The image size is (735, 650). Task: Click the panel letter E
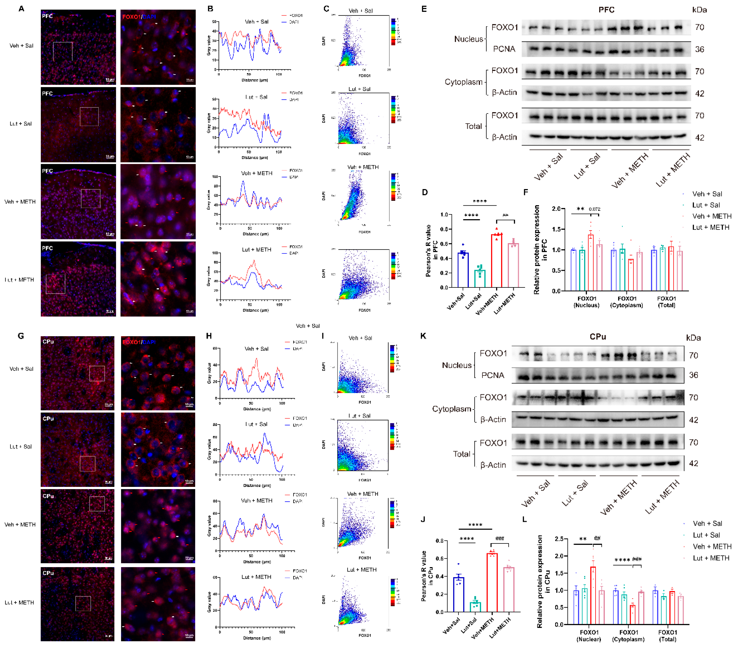424,9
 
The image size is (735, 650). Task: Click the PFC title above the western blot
606,10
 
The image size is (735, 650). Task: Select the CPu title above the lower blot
598,337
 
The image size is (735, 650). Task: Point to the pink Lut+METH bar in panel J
508,589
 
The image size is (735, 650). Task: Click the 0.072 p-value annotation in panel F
594,209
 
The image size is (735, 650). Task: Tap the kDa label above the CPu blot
693,338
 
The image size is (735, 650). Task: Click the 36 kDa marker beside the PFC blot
699,49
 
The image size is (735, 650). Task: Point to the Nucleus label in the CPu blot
457,365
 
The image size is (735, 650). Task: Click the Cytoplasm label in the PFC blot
463,82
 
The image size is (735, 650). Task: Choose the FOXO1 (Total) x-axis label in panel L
667,636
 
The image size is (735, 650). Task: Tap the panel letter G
21,336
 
